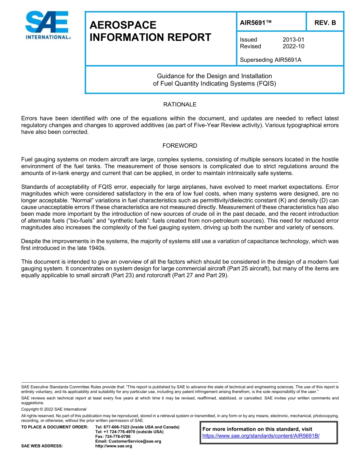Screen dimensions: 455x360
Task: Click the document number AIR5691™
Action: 256,23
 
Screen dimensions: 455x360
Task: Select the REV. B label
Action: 325,23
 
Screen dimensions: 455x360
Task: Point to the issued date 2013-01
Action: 293,40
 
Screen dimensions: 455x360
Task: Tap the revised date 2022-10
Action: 293,47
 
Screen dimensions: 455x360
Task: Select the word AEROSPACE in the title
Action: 123,25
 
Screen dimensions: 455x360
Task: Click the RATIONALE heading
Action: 180,104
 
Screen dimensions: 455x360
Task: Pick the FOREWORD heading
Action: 180,146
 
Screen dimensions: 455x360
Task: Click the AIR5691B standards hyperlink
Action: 261,436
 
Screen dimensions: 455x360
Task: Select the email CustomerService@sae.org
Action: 128,441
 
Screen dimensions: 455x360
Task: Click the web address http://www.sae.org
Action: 114,446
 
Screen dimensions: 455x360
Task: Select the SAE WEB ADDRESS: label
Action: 42,446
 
